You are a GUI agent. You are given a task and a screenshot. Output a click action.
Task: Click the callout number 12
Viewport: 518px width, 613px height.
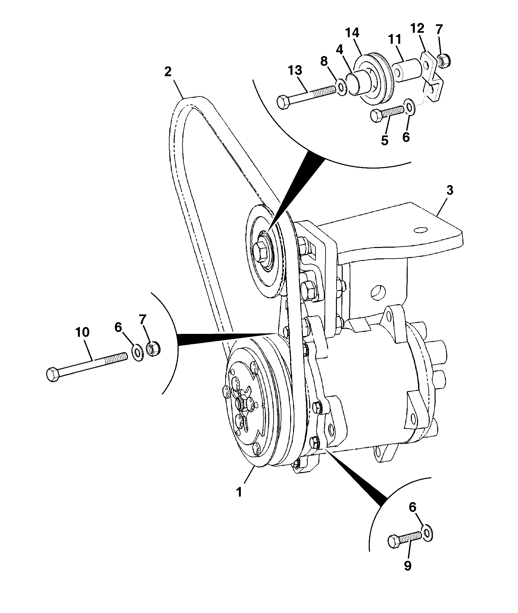point(417,29)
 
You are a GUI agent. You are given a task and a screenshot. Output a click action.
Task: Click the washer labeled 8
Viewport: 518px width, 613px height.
point(341,87)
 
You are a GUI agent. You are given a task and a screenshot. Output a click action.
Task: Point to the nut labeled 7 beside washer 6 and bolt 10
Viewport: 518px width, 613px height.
point(153,349)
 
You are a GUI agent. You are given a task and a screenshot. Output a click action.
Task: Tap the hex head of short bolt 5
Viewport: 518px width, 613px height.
point(376,116)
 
